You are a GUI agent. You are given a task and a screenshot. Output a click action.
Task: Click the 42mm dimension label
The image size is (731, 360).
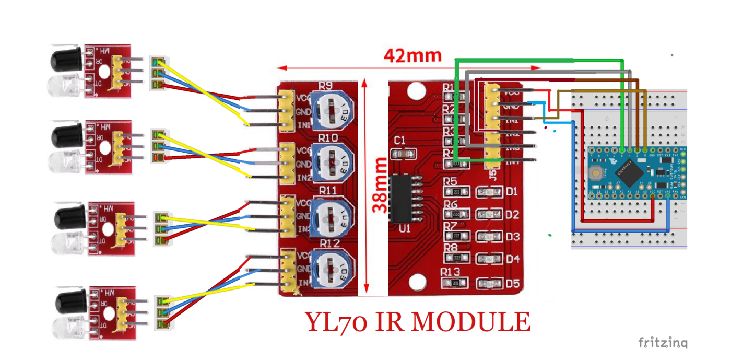click(x=412, y=55)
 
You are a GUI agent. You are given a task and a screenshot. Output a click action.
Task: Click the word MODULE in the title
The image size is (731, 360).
click(x=470, y=322)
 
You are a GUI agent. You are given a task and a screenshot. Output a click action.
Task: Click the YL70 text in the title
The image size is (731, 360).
click(x=338, y=322)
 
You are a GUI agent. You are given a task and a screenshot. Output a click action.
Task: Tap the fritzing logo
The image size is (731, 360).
click(x=663, y=343)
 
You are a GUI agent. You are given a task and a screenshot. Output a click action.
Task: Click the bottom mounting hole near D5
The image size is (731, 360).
click(x=417, y=282)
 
